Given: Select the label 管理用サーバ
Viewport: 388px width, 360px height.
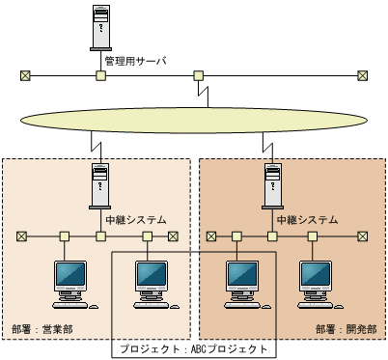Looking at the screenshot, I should [135, 61].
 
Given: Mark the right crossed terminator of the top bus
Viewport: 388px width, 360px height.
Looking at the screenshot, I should [362, 74].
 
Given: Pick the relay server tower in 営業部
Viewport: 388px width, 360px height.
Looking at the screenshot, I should [98, 185].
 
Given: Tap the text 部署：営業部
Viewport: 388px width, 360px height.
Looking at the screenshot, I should [42, 329].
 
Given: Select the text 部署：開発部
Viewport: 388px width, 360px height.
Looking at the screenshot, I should [346, 329].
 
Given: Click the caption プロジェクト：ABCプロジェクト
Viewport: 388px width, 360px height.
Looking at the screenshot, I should [193, 348].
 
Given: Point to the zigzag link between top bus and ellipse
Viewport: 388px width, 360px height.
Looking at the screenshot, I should [203, 95].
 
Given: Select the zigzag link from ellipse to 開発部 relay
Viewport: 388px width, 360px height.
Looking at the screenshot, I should [269, 149].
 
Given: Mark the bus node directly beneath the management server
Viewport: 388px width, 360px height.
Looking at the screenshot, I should [100, 74].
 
